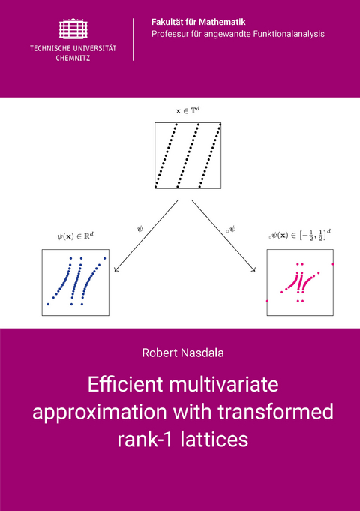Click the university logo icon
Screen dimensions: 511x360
click(73, 29)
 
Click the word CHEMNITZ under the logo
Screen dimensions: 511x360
click(73, 57)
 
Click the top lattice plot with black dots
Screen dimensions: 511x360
click(189, 155)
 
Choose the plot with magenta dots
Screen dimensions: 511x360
click(299, 282)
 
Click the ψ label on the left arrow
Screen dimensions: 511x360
click(139, 223)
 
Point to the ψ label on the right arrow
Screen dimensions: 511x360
click(232, 223)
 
